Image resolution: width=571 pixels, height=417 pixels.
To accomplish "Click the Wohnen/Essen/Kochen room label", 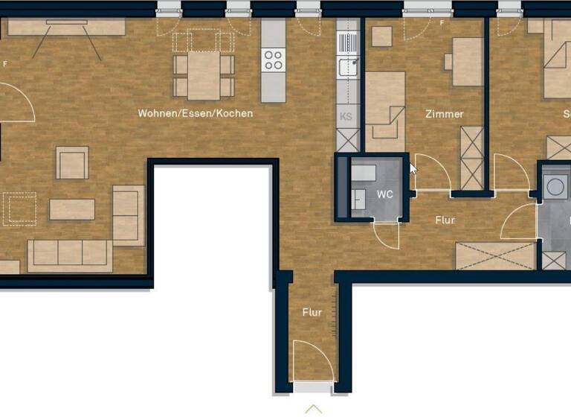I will point(195,114).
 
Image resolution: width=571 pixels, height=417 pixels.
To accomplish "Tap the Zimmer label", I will point(444,114).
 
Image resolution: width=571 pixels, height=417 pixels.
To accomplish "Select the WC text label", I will point(384,194).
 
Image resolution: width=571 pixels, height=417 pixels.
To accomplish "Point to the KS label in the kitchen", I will point(346,117).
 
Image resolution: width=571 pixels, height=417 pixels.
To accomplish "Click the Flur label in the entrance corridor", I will point(312,312).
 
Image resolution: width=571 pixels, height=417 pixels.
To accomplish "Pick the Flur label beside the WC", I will point(444,220).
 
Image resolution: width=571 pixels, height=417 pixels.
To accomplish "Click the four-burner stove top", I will point(274,60).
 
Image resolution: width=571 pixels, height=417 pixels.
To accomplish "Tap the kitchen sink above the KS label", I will point(346,68).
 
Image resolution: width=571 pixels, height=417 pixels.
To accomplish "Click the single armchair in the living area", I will point(72,162).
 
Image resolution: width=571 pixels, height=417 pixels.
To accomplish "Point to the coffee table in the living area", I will point(72,209).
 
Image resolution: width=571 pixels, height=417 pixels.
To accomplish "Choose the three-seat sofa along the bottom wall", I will point(70,255).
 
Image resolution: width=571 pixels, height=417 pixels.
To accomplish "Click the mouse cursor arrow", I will point(414,168).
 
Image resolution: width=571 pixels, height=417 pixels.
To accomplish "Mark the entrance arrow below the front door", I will point(313,409).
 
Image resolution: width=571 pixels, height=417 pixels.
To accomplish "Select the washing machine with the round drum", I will point(554,187).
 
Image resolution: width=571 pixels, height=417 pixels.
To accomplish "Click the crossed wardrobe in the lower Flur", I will point(494,256).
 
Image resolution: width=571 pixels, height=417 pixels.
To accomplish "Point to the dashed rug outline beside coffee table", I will point(19,208).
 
